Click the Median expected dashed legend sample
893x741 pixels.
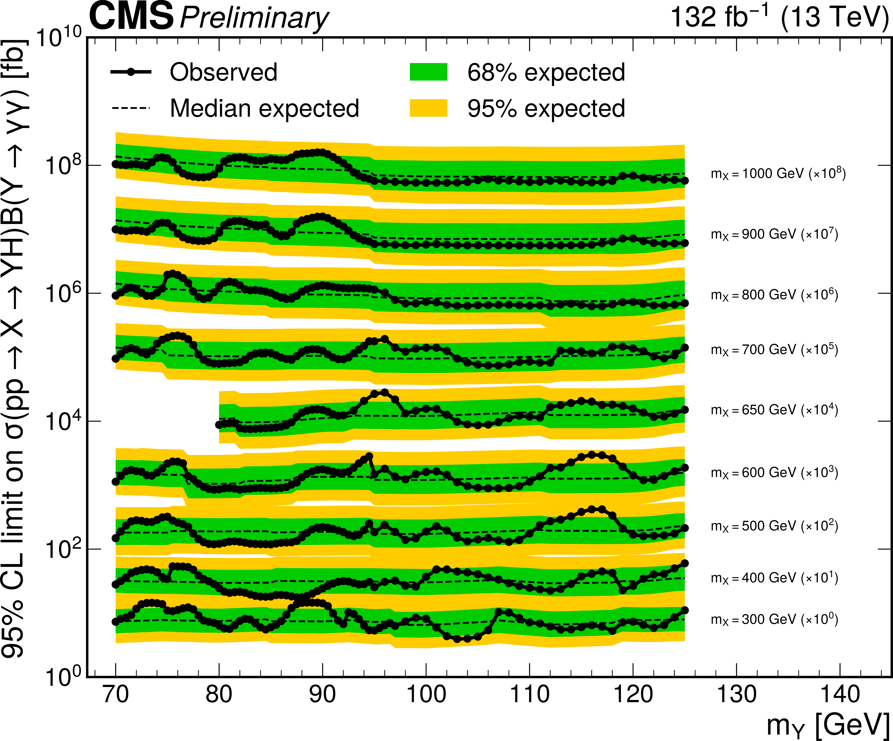pyautogui.click(x=131, y=108)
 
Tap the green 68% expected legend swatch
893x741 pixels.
pyautogui.click(x=428, y=72)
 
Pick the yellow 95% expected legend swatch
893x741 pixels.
pyautogui.click(x=428, y=108)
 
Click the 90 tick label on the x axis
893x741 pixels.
pyautogui.click(x=322, y=694)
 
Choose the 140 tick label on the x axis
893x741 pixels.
pyautogui.click(x=840, y=694)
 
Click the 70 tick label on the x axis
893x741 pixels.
pyautogui.click(x=116, y=694)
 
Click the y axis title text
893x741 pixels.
pyautogui.click(x=15, y=349)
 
